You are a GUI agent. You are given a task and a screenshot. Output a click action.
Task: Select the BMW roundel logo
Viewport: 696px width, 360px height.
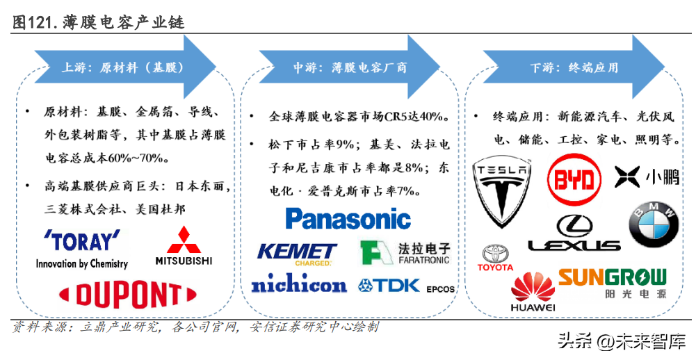(x=653, y=225)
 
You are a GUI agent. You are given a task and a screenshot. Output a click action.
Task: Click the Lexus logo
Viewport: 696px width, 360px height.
(x=574, y=234)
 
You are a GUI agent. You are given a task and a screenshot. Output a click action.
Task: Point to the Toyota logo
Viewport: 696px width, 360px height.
(x=496, y=257)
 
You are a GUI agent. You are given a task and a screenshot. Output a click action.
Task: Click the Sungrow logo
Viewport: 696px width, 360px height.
(x=612, y=283)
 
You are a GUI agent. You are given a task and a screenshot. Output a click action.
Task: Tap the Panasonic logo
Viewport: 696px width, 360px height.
(x=348, y=220)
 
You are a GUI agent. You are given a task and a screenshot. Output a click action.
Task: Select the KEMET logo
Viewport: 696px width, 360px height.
(x=297, y=253)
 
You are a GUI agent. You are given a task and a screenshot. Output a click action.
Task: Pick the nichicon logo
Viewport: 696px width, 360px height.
(x=298, y=284)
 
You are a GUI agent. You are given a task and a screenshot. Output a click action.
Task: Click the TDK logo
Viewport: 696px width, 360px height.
(x=389, y=284)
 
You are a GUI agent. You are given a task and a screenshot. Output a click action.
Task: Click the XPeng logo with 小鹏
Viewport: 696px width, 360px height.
(x=647, y=177)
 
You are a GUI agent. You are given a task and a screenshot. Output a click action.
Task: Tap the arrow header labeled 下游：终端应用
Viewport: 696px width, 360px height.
(x=574, y=68)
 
